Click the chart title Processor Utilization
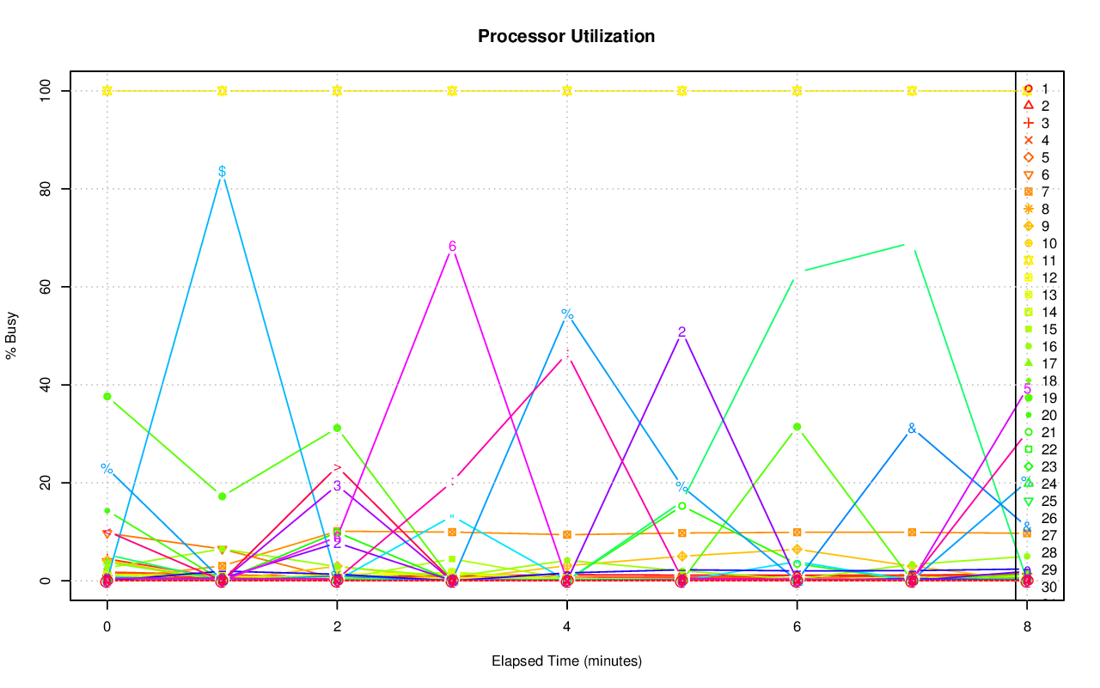(x=566, y=36)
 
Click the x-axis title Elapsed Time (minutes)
(x=566, y=661)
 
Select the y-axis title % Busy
(x=12, y=334)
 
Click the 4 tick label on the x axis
(x=566, y=628)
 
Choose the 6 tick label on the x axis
(x=797, y=628)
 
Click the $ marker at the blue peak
(x=222, y=172)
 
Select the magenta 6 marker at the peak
(x=452, y=247)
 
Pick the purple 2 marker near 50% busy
(x=681, y=332)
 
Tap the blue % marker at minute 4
(x=567, y=314)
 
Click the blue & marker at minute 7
(x=912, y=429)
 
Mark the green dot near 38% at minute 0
(x=107, y=396)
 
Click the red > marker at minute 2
(x=338, y=468)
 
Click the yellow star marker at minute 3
(x=452, y=90)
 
